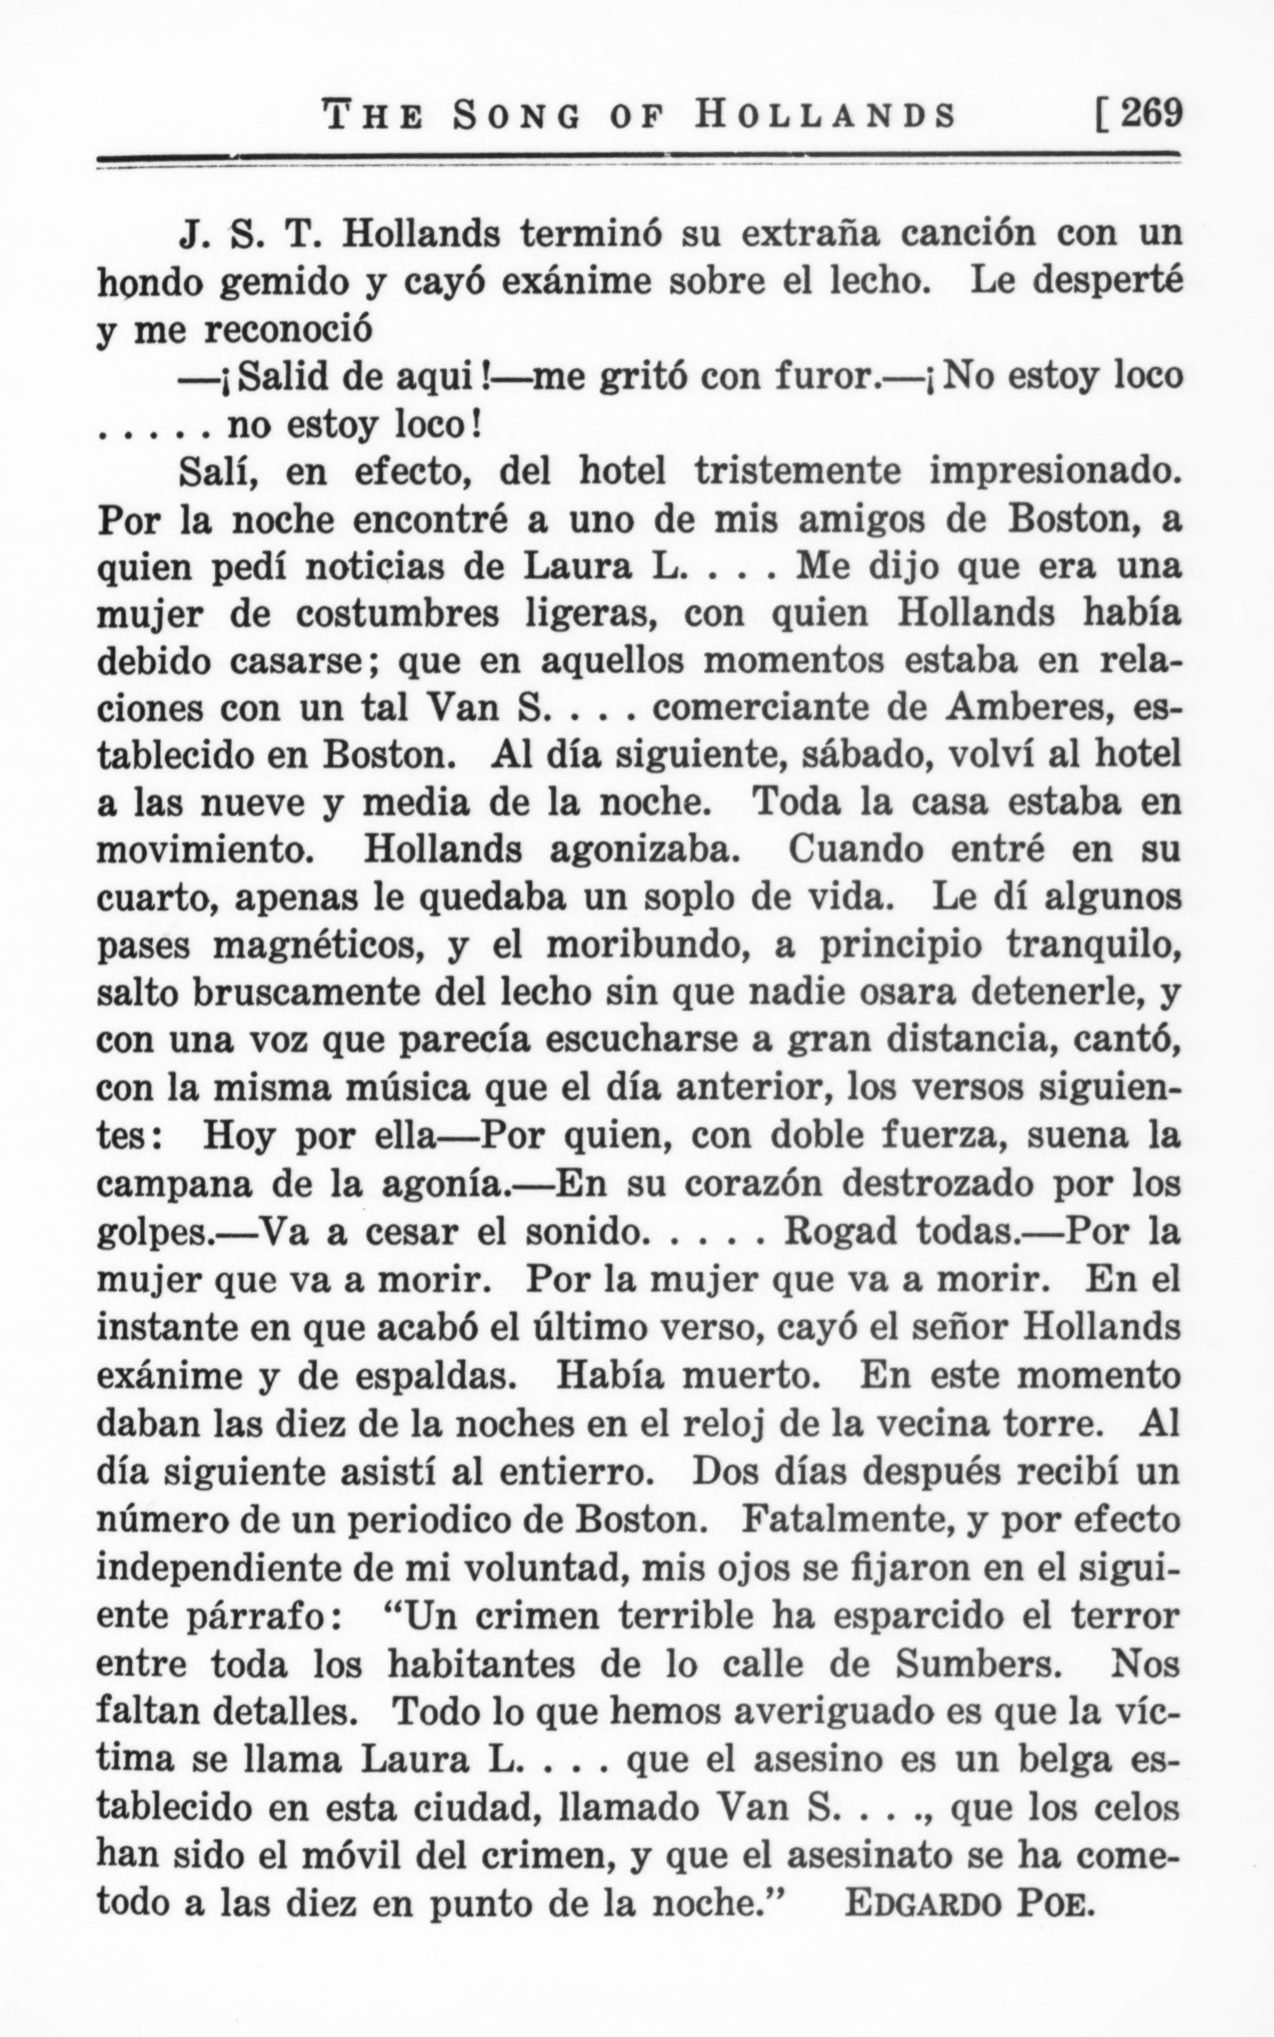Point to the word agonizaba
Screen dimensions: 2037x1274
tap(643, 850)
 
